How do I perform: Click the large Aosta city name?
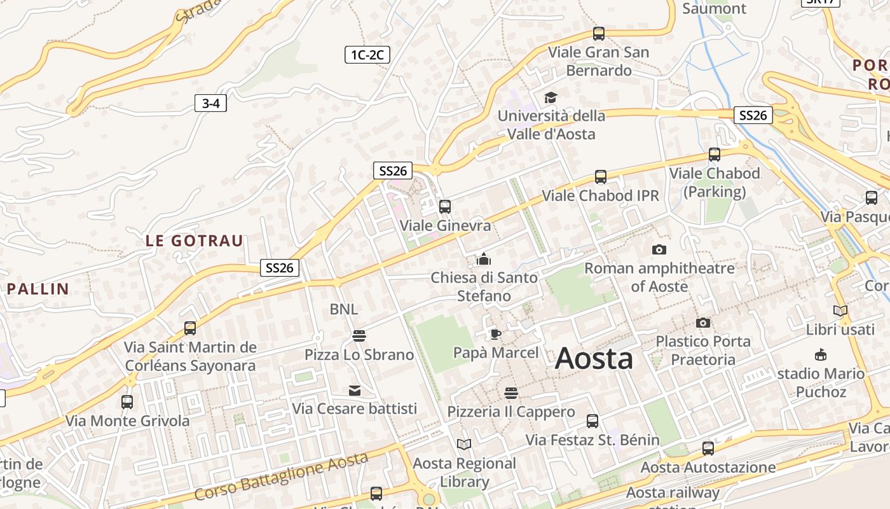[594, 359]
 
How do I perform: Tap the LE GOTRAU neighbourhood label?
[195, 241]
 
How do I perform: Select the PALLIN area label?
[38, 289]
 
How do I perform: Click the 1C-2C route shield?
[367, 55]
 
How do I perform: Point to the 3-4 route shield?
[210, 103]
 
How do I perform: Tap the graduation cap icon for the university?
[550, 97]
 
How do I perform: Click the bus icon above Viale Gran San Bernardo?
[598, 34]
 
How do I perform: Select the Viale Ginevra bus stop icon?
[445, 207]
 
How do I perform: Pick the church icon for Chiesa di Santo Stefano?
[484, 259]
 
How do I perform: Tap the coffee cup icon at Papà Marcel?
[495, 334]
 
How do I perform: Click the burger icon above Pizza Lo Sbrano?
[359, 335]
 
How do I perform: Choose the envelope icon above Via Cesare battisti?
[354, 390]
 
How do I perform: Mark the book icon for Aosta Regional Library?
[464, 444]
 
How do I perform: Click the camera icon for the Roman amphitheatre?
[659, 249]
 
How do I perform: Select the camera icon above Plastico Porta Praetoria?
[702, 323]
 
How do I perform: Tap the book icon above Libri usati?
[840, 311]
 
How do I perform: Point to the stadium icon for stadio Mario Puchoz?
[821, 354]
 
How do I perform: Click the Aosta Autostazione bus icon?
[708, 449]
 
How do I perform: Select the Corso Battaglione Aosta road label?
[281, 476]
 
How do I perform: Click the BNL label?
[343, 309]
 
